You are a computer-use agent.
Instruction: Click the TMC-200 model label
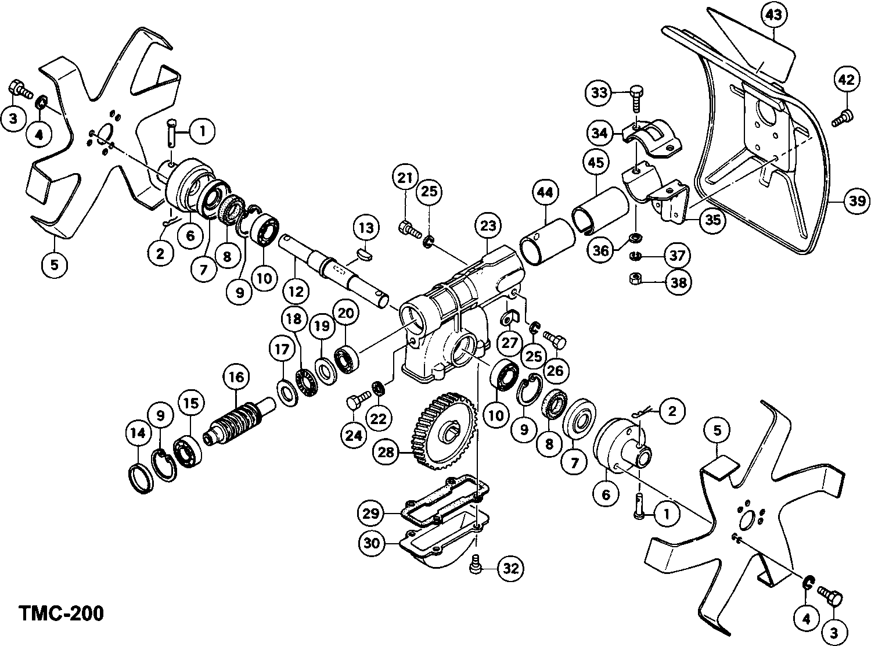[62, 613]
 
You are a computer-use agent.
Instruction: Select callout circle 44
[547, 192]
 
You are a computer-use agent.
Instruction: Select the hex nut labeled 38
[636, 280]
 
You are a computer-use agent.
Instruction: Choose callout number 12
[296, 291]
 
